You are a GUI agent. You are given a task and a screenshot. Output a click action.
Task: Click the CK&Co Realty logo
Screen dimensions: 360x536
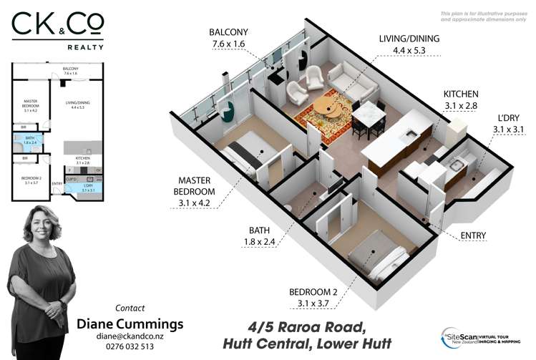[x=57, y=31]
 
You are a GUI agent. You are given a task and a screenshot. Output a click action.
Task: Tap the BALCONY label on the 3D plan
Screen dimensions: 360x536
[x=229, y=39]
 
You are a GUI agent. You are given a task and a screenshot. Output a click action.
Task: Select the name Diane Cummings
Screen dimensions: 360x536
[x=130, y=323]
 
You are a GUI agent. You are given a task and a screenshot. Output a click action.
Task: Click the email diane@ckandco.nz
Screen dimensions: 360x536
[x=130, y=336]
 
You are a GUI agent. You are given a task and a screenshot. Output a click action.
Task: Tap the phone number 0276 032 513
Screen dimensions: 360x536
[x=130, y=346]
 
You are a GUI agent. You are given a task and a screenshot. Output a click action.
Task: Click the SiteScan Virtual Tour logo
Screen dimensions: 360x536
[x=481, y=337]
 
